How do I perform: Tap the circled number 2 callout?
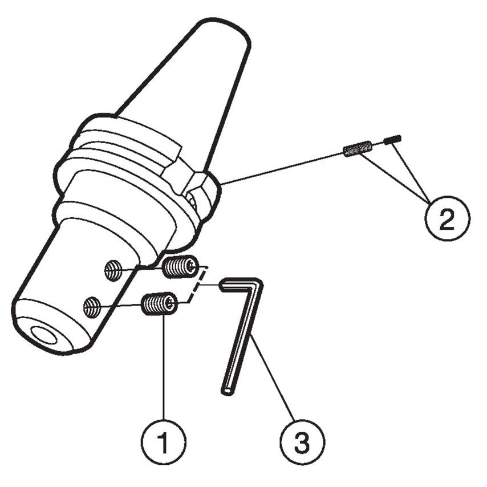coord(447,218)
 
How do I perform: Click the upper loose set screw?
coord(180,267)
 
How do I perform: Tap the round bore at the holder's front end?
coord(44,335)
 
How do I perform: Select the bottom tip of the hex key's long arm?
coord(226,391)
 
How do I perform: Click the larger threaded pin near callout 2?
coord(358,149)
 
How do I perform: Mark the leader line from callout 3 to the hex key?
coord(273,377)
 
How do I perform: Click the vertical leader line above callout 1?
coord(164,371)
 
